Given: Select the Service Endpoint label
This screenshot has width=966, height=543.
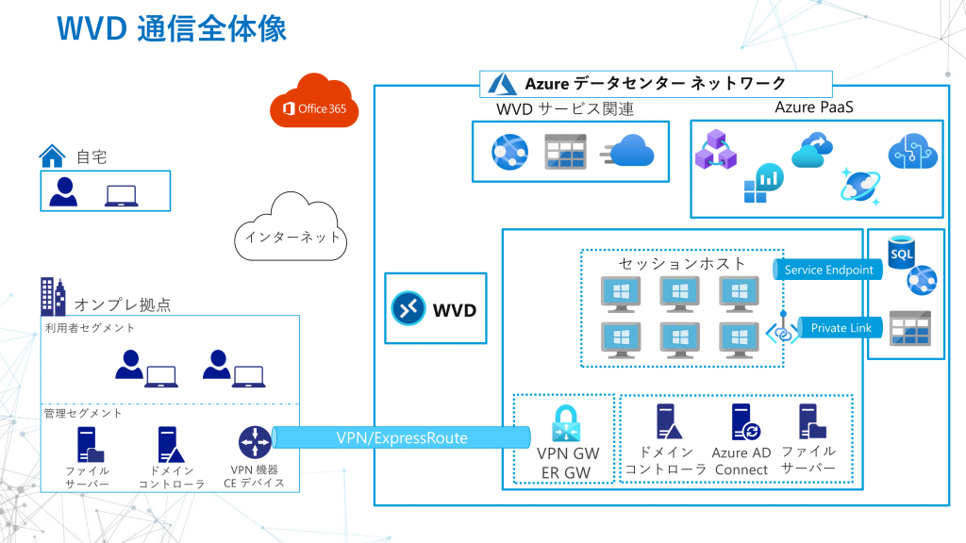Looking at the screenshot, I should point(828,270).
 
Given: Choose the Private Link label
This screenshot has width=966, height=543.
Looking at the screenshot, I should point(841,327).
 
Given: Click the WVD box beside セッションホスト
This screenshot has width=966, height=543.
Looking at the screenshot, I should point(436,308).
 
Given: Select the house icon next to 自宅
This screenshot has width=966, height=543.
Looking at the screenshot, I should point(51,155).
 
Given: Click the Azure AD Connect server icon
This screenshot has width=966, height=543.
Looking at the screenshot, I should point(741,422).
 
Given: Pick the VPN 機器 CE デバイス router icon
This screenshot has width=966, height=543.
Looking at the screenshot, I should point(254,441).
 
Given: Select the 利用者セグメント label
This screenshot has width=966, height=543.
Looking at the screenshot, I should point(90,328).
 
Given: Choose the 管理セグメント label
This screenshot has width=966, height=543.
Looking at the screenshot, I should point(83,413).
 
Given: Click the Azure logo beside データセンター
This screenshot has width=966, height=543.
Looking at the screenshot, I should point(501,84).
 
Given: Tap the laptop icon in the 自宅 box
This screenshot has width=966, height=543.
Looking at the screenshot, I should point(121,195).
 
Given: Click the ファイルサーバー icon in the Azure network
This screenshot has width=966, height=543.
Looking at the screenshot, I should point(808,421).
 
